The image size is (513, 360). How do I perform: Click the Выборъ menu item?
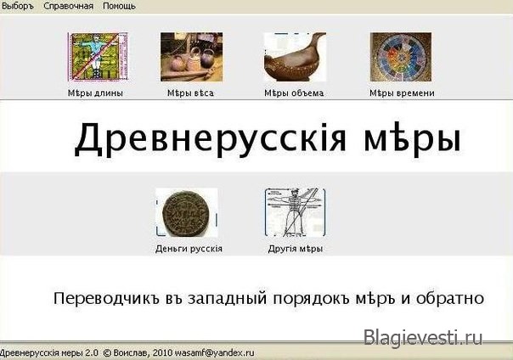coord(18,6)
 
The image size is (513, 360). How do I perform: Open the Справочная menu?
coord(69,6)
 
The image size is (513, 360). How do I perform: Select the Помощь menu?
coord(119,6)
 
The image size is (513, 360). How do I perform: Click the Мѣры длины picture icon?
coord(98,57)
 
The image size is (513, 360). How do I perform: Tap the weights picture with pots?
coord(192,57)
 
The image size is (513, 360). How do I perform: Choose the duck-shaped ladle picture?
coord(295,57)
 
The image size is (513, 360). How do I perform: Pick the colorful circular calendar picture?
coord(401,57)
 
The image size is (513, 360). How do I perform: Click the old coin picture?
coord(187,212)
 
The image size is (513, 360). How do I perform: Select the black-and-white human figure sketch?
coord(295,212)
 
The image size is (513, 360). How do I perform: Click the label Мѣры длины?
coord(95,93)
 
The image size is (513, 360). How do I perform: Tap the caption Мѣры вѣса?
coord(190,93)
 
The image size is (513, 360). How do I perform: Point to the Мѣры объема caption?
coord(294,93)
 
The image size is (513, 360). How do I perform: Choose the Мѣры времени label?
coord(402,93)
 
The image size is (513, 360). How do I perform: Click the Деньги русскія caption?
coord(189,249)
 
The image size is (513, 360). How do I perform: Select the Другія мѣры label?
coord(296,249)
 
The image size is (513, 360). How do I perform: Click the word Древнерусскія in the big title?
coord(210,138)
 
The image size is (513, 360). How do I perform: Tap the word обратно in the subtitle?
coord(450,298)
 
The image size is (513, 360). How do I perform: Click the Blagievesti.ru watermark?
coord(423,337)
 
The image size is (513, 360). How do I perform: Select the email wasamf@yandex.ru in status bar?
coord(215,353)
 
